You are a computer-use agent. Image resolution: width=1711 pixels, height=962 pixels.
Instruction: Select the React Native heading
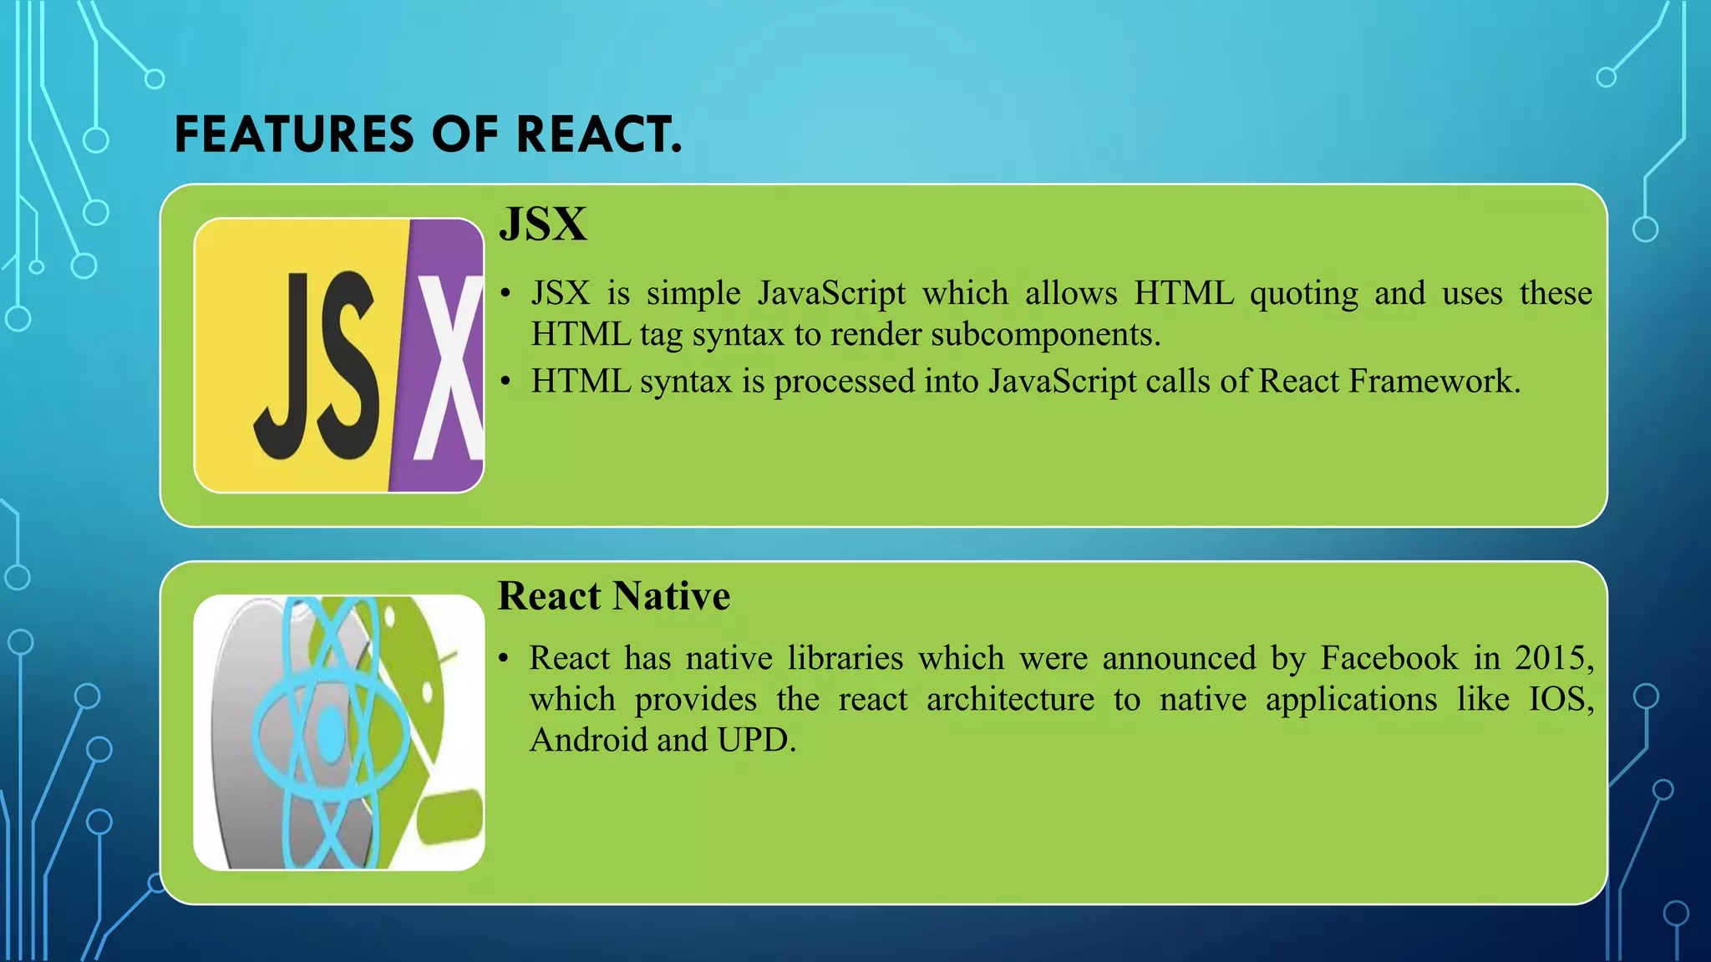(614, 596)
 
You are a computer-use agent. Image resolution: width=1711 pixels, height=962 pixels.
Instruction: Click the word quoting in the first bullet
(1303, 294)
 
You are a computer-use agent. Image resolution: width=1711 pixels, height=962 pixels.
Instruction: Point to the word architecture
(1010, 699)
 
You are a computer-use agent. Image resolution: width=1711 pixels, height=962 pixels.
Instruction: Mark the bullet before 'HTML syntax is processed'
(505, 382)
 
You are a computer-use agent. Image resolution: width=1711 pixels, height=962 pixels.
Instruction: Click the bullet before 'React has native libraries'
(503, 659)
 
